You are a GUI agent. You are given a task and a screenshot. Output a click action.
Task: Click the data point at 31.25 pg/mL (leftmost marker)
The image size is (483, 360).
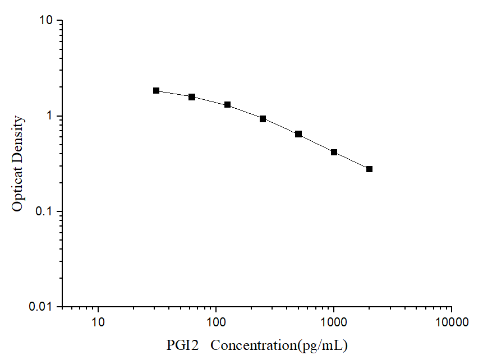coord(157,90)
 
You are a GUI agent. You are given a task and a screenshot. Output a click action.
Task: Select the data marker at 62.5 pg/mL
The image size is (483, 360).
coord(192,97)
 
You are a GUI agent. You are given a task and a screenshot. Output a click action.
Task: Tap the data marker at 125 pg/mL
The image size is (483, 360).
coord(228,105)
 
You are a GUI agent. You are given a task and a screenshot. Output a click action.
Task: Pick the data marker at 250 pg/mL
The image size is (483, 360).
coord(263,119)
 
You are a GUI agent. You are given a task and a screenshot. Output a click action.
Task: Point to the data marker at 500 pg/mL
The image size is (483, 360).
coord(298,134)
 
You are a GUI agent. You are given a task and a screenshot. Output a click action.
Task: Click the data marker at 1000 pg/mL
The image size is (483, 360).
coord(334,152)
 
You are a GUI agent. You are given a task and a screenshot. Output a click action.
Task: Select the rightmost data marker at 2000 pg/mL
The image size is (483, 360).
coord(369,169)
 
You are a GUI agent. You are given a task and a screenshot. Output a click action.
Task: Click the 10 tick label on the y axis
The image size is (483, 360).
coord(45,21)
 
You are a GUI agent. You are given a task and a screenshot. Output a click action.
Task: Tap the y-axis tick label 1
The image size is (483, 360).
coord(49,117)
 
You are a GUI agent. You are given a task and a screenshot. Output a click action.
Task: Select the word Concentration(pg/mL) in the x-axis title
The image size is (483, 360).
coord(279,344)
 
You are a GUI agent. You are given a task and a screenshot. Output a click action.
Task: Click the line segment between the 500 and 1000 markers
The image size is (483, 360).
coord(316,143)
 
